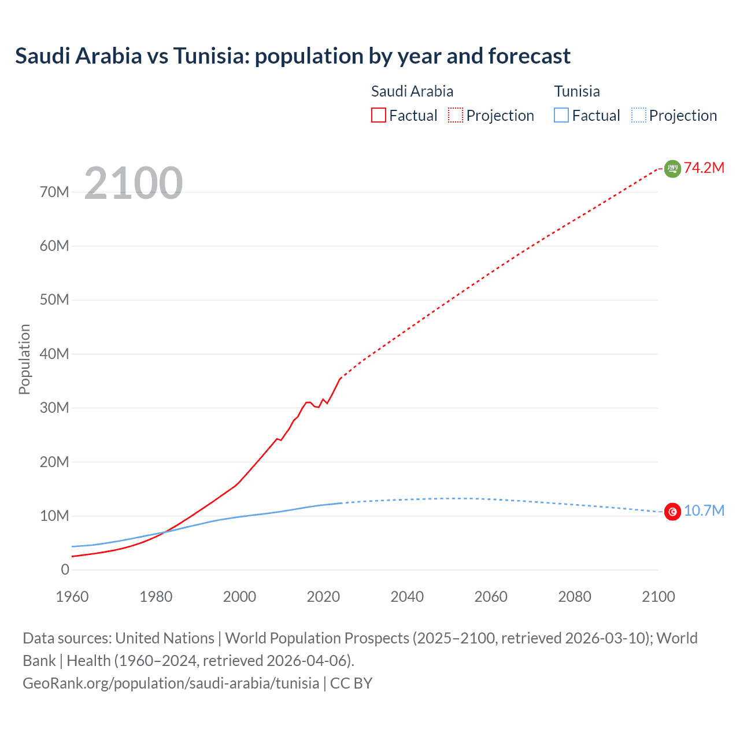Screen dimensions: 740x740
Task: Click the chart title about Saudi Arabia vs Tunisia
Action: click(293, 56)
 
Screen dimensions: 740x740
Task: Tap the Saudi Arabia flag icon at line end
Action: click(672, 168)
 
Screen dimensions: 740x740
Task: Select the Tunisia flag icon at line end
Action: click(672, 512)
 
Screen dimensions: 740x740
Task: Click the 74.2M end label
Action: click(704, 168)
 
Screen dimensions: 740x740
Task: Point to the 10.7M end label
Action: click(704, 511)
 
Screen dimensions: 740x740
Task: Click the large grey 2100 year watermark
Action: click(134, 183)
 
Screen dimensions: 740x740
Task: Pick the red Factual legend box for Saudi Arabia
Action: click(379, 116)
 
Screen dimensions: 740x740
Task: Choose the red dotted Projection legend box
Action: click(456, 116)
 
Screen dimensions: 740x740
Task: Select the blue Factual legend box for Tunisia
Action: click(561, 116)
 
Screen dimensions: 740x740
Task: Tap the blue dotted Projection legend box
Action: click(639, 116)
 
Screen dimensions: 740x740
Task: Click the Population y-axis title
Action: click(24, 359)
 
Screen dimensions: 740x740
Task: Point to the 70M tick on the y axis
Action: click(54, 192)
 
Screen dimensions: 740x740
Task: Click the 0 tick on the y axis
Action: click(65, 569)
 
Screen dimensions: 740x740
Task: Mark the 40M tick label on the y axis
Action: click(54, 354)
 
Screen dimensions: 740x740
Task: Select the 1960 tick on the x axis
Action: click(72, 597)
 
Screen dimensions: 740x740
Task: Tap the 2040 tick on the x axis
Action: click(407, 597)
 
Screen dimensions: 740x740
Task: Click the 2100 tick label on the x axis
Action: click(658, 597)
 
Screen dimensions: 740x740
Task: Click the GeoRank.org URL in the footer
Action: click(171, 683)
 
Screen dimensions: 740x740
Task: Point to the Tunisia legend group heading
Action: click(577, 91)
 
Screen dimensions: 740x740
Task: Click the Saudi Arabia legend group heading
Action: click(412, 91)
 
